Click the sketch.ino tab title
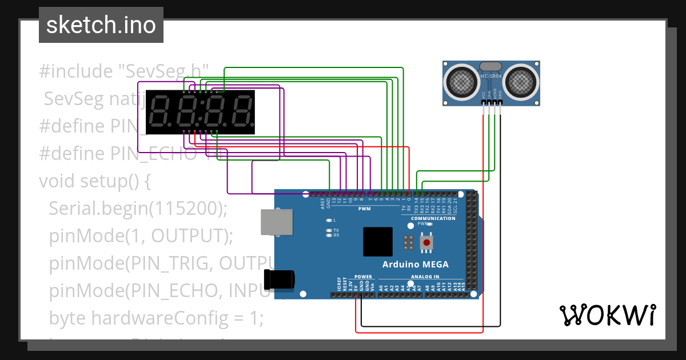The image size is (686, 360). [101, 25]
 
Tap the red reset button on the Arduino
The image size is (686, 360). [426, 243]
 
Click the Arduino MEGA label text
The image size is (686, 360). [415, 264]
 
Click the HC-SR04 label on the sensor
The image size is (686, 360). [492, 76]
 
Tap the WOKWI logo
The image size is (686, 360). [607, 314]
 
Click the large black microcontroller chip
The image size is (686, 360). [377, 242]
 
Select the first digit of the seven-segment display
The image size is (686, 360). [159, 111]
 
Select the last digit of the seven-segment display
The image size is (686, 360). [241, 111]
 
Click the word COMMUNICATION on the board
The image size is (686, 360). [433, 218]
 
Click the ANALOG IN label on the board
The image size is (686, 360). [425, 277]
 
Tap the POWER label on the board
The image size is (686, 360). [363, 277]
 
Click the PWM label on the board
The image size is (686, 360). [364, 209]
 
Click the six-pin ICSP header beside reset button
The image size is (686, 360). [408, 242]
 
